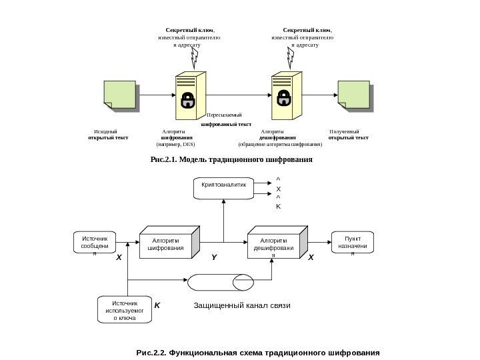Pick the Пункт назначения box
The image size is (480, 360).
tap(353, 244)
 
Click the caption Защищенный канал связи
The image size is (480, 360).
tap(243, 305)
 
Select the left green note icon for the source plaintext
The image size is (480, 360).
tap(120, 97)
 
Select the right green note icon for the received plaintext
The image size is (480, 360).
tap(354, 97)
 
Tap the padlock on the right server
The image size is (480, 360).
tap(284, 99)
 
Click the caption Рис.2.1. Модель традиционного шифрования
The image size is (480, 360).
tap(231, 160)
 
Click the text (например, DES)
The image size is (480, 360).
tap(175, 144)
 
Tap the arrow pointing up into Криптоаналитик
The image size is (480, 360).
tap(223, 205)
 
